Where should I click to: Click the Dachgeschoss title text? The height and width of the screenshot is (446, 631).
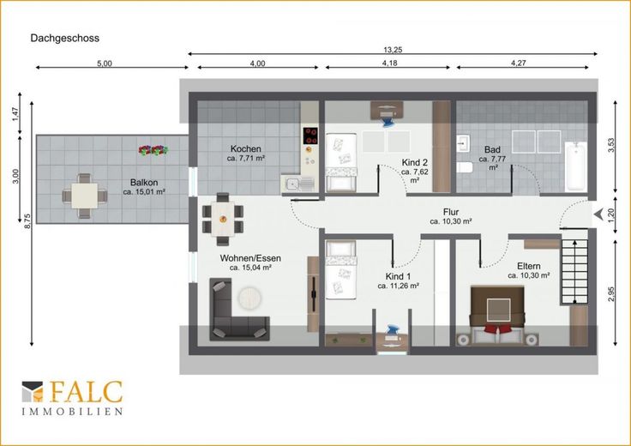click(65, 39)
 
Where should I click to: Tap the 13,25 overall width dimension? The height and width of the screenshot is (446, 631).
click(393, 50)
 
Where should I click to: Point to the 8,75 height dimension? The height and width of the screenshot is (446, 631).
click(27, 221)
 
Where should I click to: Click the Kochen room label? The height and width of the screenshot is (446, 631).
click(245, 148)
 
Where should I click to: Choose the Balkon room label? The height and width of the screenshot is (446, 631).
click(144, 183)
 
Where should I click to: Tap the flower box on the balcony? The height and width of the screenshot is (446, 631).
click(153, 150)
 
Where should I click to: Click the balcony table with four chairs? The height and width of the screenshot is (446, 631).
click(85, 196)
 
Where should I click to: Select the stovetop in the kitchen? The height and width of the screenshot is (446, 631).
click(310, 136)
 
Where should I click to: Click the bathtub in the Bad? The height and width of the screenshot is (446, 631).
click(575, 166)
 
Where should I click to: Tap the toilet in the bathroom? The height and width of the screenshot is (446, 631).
click(465, 167)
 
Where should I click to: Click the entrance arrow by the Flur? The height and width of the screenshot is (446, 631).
click(598, 214)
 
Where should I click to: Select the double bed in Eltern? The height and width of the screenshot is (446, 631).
click(497, 310)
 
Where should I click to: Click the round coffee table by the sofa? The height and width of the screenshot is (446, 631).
click(249, 298)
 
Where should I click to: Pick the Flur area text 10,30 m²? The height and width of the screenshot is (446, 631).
click(451, 221)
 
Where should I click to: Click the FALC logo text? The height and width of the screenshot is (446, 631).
click(86, 392)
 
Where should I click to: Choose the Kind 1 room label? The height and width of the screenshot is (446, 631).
click(398, 276)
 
